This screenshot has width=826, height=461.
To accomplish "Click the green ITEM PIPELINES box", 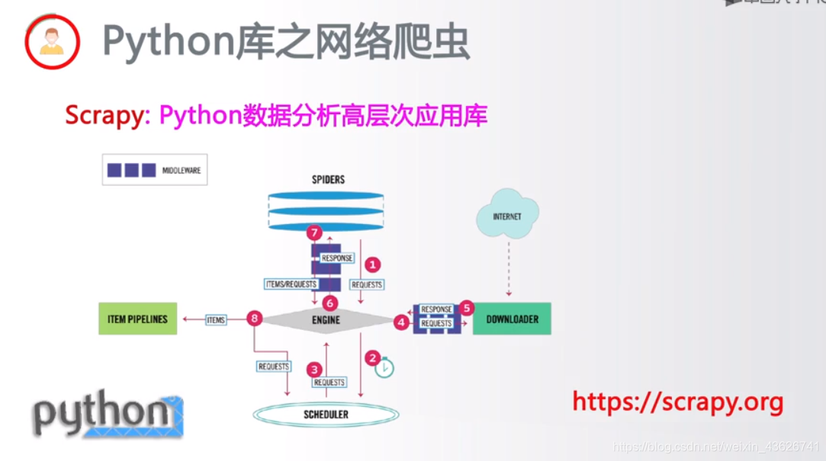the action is tap(137, 319).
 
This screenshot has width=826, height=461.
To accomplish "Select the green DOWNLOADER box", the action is tap(512, 319).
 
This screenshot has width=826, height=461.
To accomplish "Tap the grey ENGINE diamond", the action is tap(326, 320).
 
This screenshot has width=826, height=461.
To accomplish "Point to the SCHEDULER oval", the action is tap(326, 415).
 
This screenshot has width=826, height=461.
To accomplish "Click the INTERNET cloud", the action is tap(507, 216).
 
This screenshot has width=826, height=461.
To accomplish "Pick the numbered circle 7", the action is tap(313, 232).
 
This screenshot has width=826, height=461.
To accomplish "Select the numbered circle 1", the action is tap(372, 264).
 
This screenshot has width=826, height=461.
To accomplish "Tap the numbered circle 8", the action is tap(255, 319).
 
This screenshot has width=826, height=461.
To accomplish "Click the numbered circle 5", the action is tap(467, 308).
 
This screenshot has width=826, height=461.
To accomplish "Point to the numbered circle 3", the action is tap(314, 370).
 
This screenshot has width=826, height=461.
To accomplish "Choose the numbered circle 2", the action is tap(373, 357).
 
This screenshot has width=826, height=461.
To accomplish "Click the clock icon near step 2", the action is tap(384, 368).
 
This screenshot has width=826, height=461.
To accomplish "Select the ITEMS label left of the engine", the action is tap(216, 320).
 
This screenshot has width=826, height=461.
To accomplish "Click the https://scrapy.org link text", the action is tap(677, 402).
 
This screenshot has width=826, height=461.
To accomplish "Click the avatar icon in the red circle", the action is tap(52, 41).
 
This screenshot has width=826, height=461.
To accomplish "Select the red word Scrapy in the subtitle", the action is tap(108, 116).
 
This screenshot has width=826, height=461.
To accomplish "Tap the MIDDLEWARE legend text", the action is tap(182, 171).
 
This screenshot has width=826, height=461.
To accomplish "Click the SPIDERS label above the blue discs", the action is tap(328, 180).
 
